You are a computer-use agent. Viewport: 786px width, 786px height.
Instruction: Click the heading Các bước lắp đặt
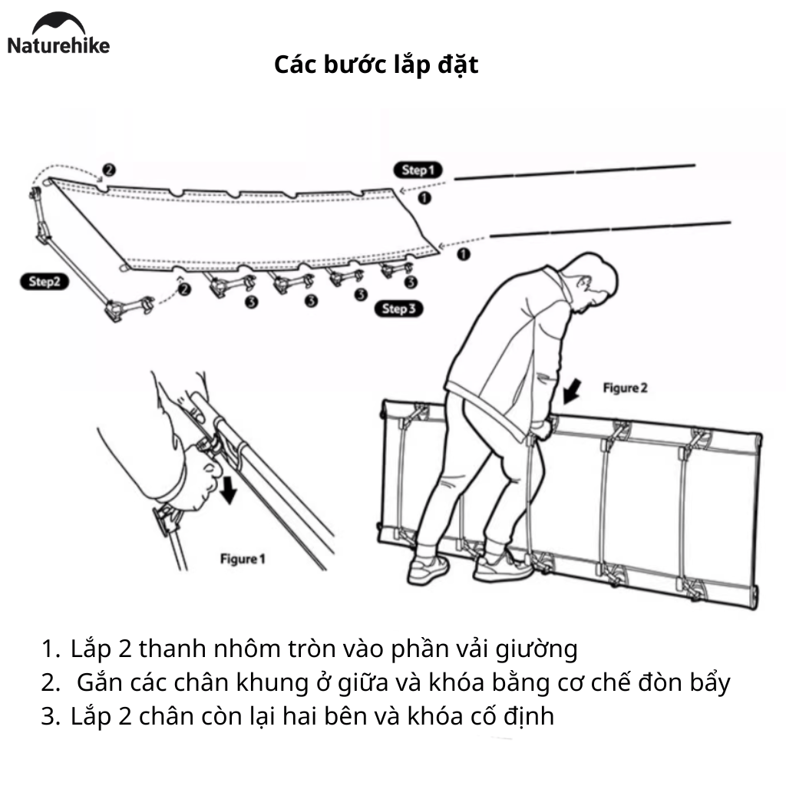[x=376, y=65]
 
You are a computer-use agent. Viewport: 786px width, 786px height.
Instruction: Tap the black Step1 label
[x=418, y=170]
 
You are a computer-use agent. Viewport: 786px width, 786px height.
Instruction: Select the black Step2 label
[x=44, y=282]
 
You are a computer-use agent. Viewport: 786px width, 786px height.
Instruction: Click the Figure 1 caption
[x=242, y=559]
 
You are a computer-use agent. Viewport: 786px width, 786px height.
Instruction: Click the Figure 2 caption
[x=624, y=388]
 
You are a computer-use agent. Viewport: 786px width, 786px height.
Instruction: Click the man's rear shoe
[x=428, y=570]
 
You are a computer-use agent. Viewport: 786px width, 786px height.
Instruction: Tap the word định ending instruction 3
[x=529, y=717]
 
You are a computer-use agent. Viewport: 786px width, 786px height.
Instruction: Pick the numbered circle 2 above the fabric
[x=109, y=170]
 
